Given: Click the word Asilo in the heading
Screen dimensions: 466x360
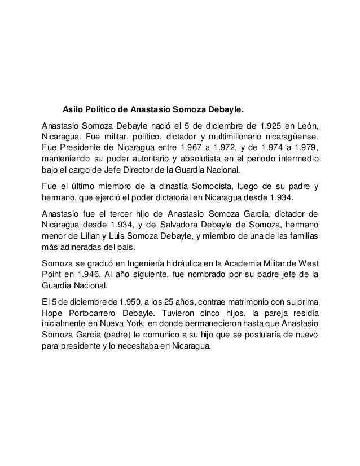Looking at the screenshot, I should pyautogui.click(x=72, y=107).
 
